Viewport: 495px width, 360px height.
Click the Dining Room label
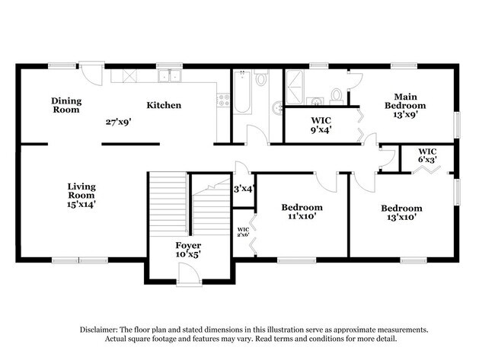66,105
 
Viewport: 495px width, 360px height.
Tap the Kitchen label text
164,105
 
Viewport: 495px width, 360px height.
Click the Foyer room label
188,246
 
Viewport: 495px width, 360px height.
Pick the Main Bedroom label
404,106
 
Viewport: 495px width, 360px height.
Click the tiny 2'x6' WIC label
243,232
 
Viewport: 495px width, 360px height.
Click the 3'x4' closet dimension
242,188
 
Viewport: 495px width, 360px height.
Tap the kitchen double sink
169,75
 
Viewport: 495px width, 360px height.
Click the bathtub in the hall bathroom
242,93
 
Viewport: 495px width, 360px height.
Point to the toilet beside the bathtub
261,78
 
